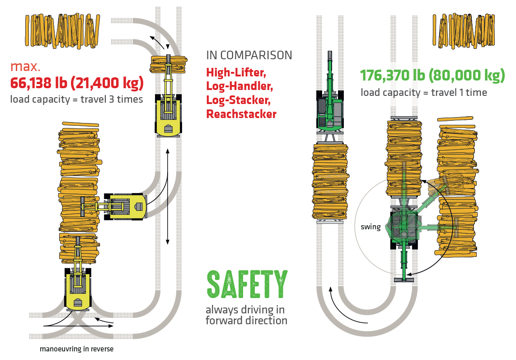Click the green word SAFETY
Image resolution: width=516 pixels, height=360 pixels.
[247, 284]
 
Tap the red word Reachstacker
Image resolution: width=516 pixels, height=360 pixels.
[241, 114]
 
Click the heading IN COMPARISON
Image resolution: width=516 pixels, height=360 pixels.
[249, 56]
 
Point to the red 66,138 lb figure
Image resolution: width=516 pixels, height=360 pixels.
[36, 83]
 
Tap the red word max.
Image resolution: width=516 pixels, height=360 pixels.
[25, 67]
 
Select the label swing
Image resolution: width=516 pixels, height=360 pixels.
[371, 227]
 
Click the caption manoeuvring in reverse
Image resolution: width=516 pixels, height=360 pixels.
[76, 349]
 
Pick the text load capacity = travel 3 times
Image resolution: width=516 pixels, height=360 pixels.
[76, 99]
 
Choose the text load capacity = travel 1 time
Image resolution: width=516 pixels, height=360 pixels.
[423, 92]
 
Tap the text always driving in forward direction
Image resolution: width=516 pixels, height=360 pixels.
[246, 315]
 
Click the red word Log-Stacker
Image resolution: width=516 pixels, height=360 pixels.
[236, 100]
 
